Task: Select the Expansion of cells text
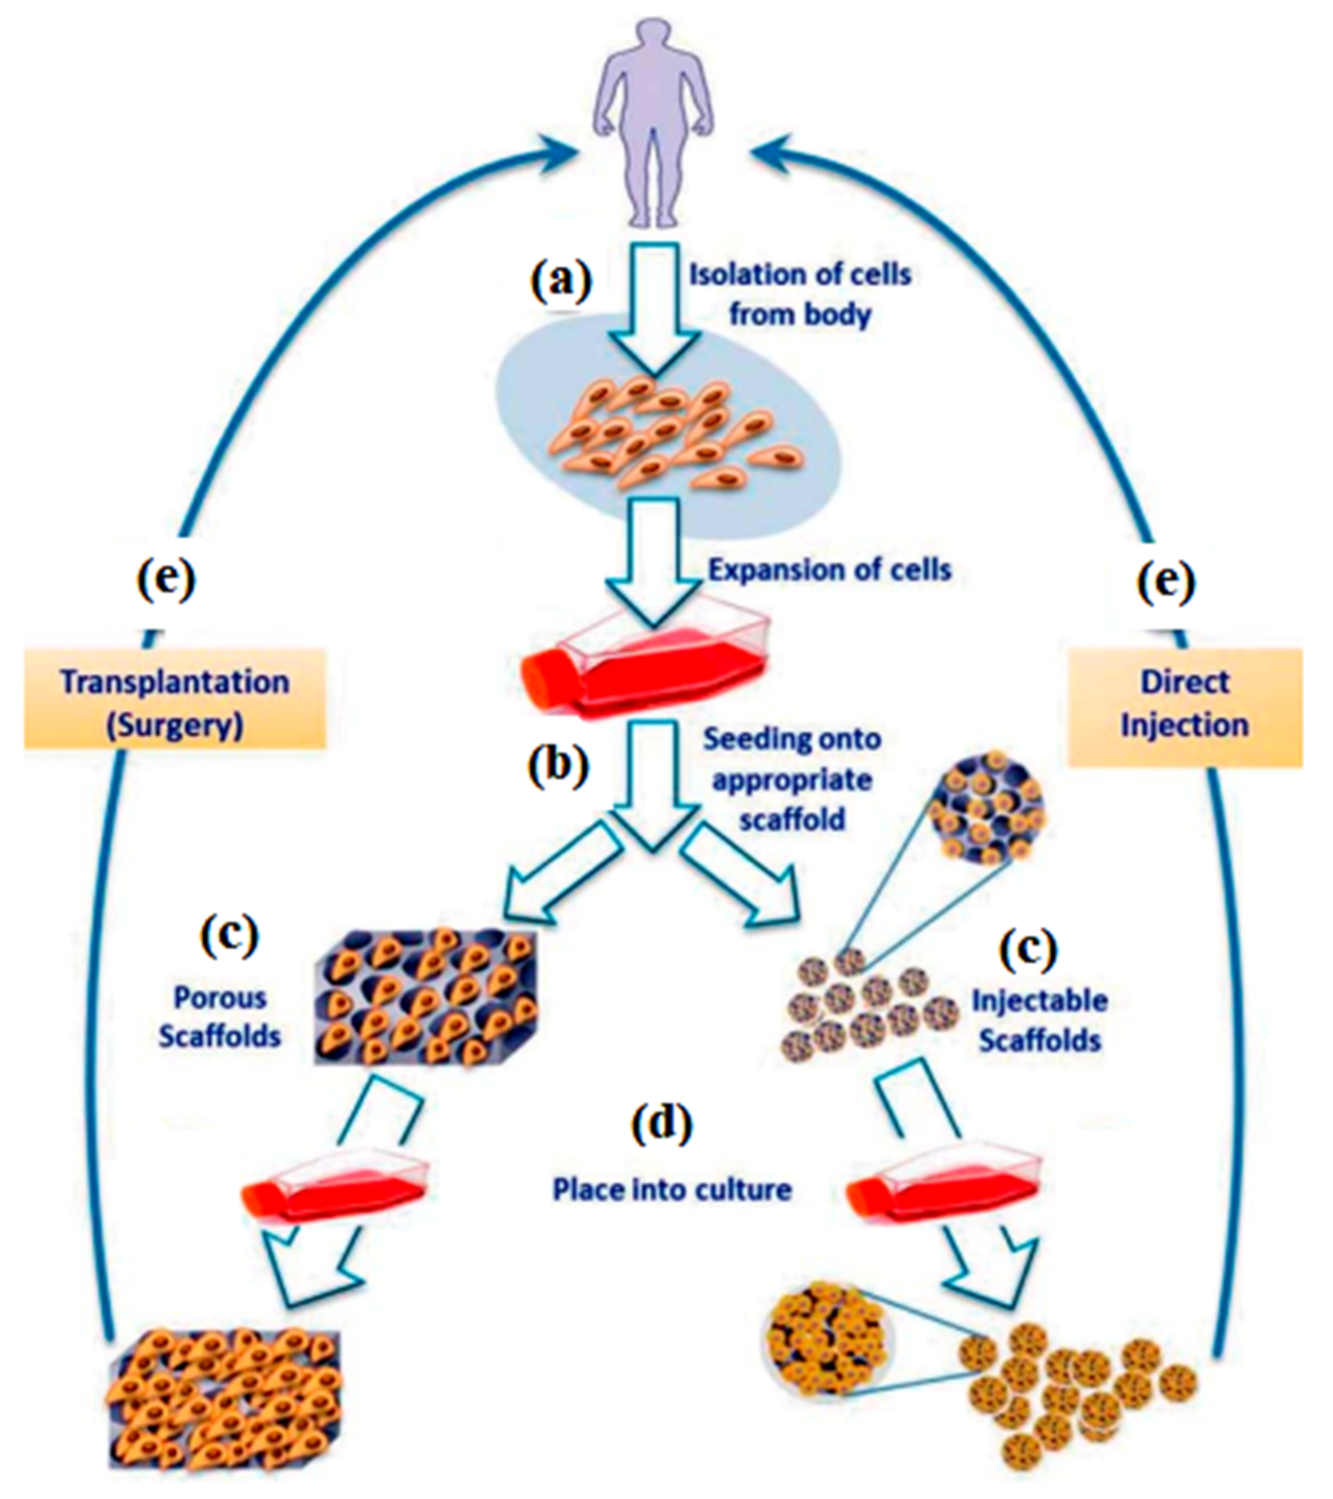point(830,570)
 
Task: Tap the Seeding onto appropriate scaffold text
point(792,779)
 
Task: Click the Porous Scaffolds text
point(220,1017)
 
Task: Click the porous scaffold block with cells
point(425,997)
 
